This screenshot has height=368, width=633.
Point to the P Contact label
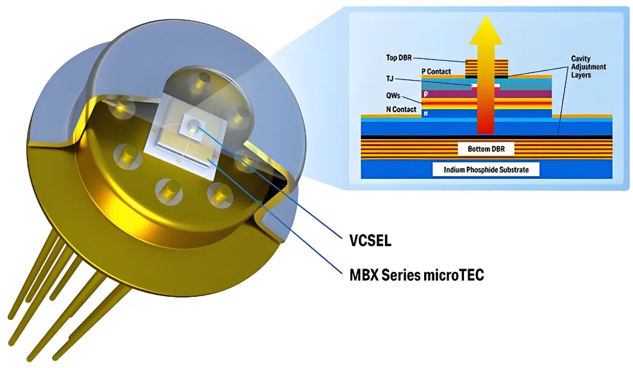pos(436,71)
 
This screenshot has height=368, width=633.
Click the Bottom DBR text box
pos(486,149)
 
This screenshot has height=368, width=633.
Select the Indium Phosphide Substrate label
pos(486,170)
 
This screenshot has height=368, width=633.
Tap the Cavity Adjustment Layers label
pos(588,67)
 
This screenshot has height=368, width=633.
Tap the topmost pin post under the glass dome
pos(202,81)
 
